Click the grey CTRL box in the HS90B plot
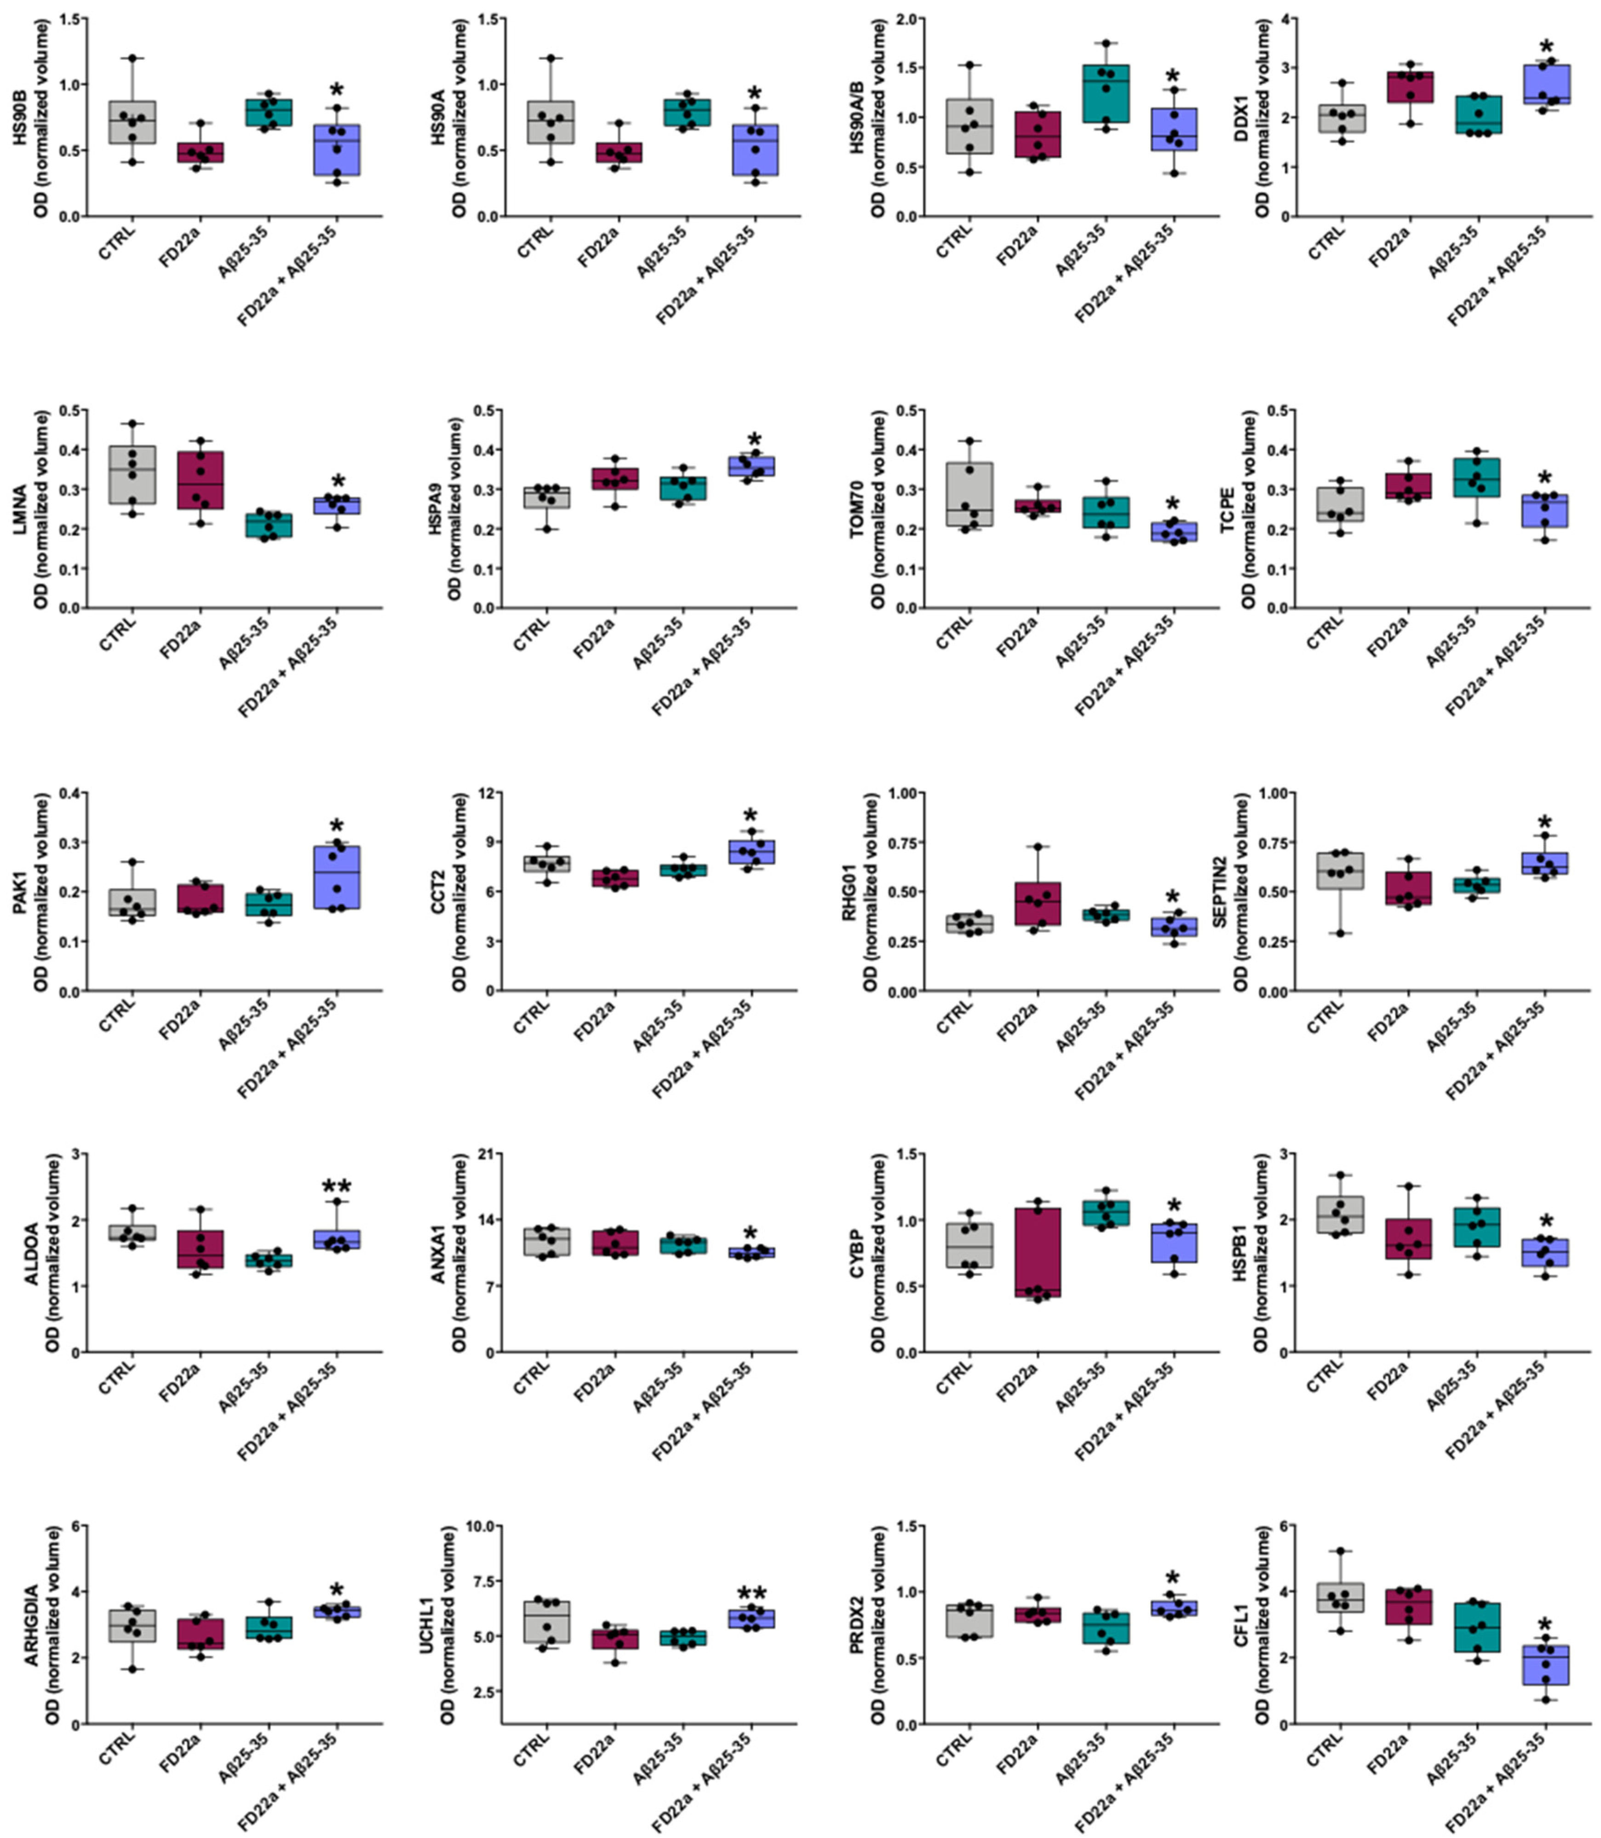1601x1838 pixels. pos(132,122)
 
